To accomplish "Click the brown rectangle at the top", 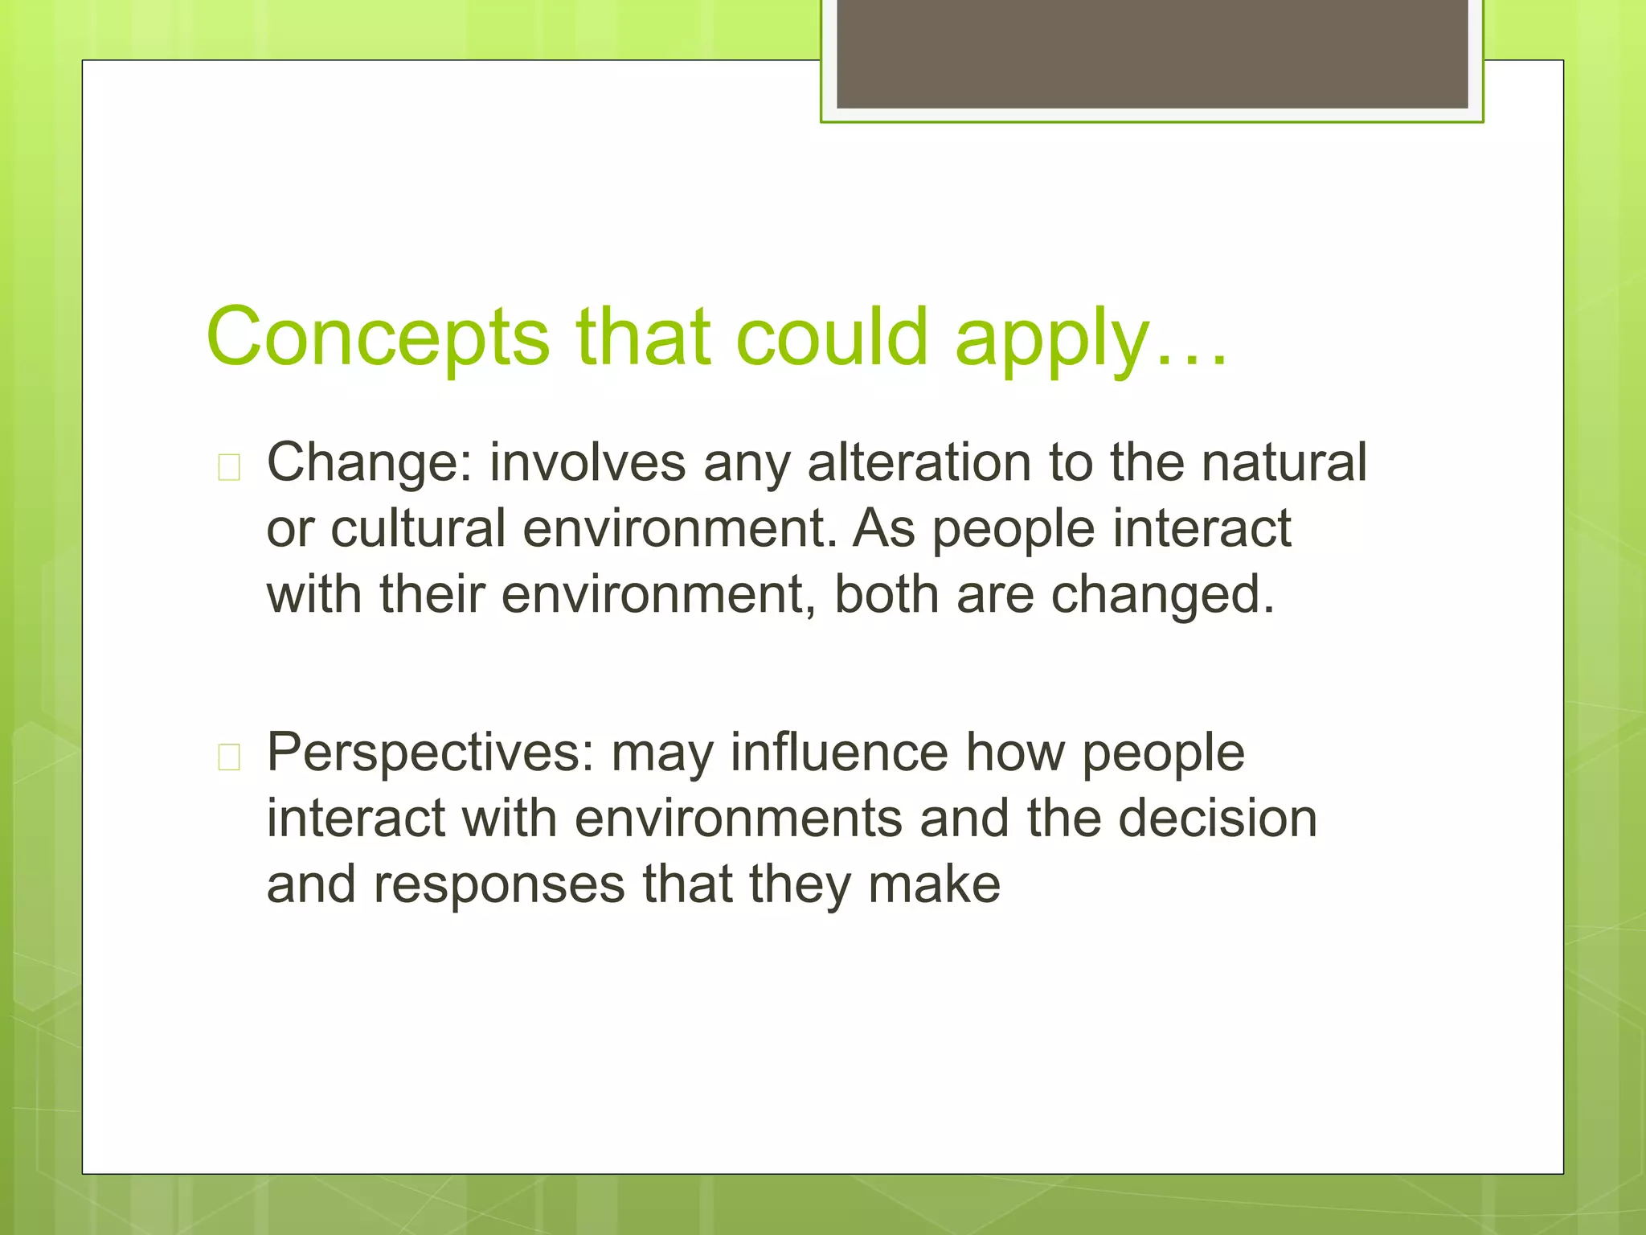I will tap(1152, 53).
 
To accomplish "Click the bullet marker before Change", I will tap(229, 467).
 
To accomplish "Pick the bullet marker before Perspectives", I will tap(229, 757).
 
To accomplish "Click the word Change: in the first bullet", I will tap(370, 464).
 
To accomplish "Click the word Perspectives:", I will tap(430, 753).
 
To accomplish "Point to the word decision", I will tap(1217, 818).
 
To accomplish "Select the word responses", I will tap(498, 885).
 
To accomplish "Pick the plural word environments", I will tap(739, 818).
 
